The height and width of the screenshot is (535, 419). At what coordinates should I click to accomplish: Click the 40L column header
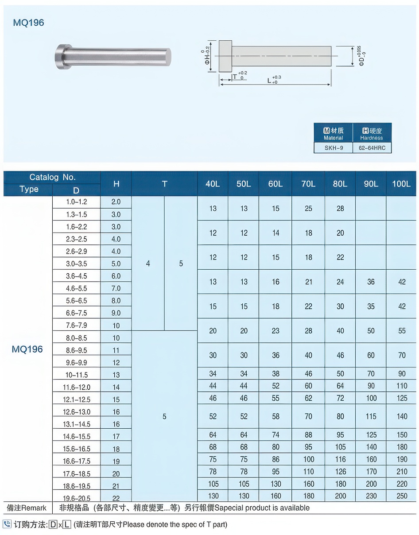pos(213,184)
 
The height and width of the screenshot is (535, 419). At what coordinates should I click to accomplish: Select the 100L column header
pos(401,184)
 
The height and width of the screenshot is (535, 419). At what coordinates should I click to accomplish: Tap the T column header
pos(164,184)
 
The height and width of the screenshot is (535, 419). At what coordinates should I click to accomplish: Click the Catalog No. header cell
pos(52,177)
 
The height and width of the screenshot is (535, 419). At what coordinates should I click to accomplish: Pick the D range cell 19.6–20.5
pos(77,498)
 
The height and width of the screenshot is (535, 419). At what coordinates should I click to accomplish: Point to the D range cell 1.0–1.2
pos(77,202)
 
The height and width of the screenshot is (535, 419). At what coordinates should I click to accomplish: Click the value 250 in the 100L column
pos(402,496)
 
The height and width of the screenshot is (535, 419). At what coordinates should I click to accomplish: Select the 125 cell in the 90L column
pos(371,435)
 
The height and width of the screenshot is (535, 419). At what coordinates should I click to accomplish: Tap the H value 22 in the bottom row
pos(116,498)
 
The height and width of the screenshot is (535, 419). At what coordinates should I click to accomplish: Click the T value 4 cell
pos(148,264)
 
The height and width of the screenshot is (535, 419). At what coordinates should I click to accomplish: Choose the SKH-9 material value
pos(334,148)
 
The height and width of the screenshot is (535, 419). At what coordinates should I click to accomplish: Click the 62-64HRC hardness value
pos(372,148)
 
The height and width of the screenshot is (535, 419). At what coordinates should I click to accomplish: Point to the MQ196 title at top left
pos(29,23)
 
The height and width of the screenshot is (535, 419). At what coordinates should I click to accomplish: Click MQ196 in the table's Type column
pos(27,349)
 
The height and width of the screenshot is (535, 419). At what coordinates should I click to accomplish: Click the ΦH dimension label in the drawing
pos(207,57)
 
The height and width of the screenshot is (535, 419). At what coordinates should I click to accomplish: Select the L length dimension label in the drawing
pos(271,81)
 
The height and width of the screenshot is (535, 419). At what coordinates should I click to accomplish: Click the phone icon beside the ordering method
pos(7,524)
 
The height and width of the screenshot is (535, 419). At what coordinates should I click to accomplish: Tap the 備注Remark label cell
pos(27,508)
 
